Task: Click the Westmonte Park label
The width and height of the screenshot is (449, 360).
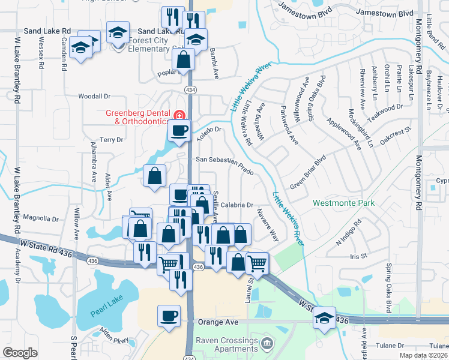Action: coord(343,203)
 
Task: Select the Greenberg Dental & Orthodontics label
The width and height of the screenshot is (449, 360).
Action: coord(138,117)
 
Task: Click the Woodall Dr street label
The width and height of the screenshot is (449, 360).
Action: coord(95,96)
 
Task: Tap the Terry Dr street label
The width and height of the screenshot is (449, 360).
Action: coord(112,139)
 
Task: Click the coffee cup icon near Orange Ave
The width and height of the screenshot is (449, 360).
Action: coord(169,316)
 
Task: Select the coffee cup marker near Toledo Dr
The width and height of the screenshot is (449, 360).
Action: coord(178,130)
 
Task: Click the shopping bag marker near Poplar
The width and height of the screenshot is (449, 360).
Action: coord(183,59)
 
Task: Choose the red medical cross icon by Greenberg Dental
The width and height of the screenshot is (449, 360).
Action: coord(178,115)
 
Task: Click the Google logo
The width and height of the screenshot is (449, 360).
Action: coord(20,352)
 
